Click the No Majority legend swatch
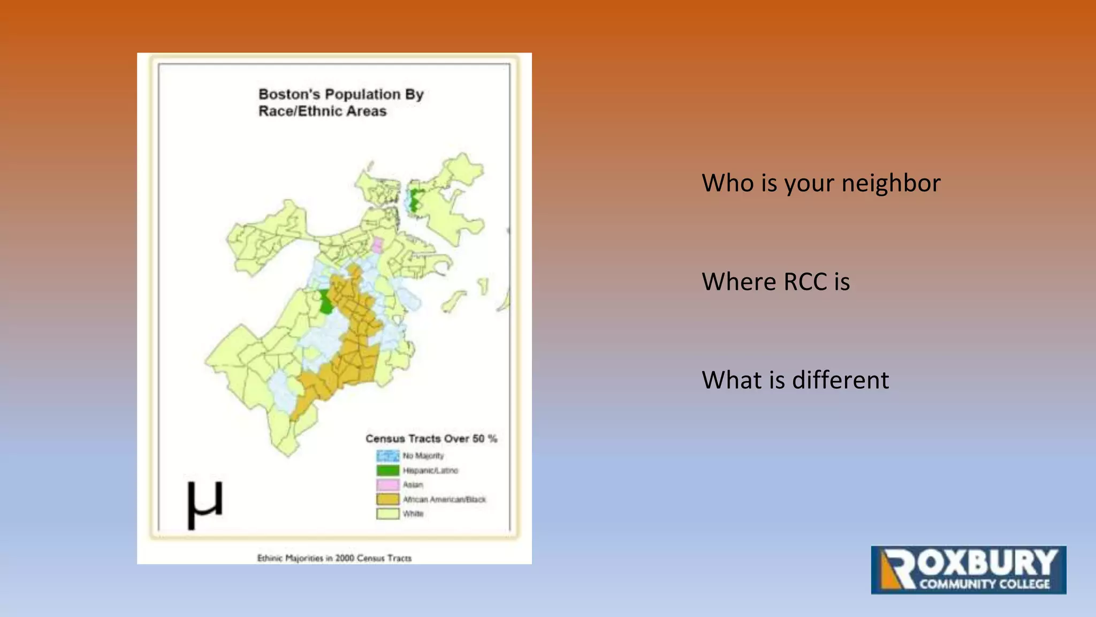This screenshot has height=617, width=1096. click(387, 456)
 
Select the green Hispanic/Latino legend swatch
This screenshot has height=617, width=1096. click(387, 470)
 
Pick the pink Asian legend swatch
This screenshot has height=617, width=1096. click(387, 485)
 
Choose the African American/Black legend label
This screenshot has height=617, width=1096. click(444, 499)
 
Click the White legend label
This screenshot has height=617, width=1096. click(413, 514)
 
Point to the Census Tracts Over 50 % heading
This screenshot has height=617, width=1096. click(431, 439)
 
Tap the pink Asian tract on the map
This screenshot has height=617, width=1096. click(377, 245)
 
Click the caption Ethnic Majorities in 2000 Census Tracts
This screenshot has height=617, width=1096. click(334, 558)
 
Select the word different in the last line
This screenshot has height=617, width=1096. click(840, 380)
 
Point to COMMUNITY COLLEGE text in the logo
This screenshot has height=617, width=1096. click(984, 584)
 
